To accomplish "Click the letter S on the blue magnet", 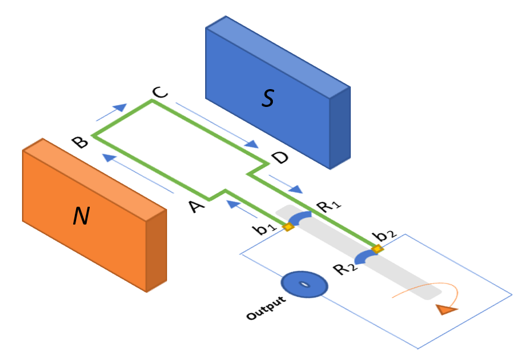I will [268, 99].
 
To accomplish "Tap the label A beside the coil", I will [197, 207].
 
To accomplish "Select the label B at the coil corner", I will [79, 143].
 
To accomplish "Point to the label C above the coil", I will [160, 93].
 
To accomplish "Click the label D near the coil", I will [279, 158].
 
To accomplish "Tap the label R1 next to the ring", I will [329, 207].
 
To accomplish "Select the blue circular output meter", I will [304, 285].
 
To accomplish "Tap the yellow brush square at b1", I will [289, 227].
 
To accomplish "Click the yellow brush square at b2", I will [376, 249].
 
